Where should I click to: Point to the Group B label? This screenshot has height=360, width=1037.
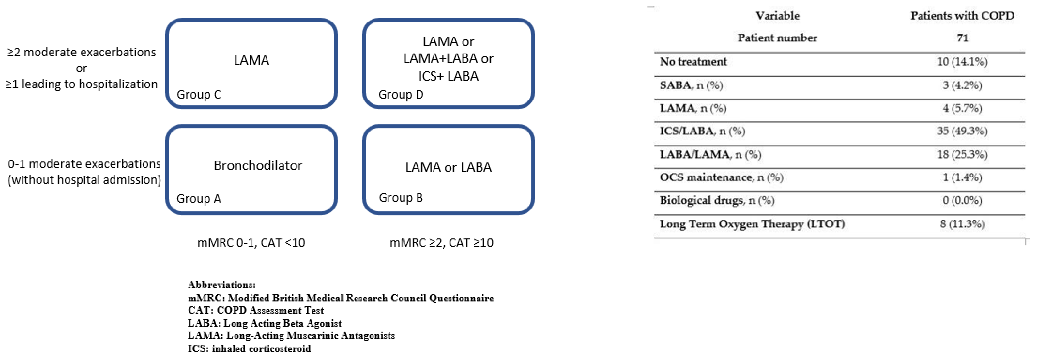pyautogui.click(x=401, y=198)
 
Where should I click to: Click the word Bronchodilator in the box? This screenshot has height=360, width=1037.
pyautogui.click(x=258, y=165)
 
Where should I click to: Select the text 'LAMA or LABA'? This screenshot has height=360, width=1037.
pyautogui.click(x=448, y=167)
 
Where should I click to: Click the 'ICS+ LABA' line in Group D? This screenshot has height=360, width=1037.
pyautogui.click(x=448, y=76)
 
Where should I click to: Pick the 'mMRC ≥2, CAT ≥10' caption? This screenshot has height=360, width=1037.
pyautogui.click(x=441, y=243)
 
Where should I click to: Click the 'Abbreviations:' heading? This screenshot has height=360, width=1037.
pyautogui.click(x=221, y=285)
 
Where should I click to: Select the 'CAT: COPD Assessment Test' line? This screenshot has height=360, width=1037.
pyautogui.click(x=256, y=310)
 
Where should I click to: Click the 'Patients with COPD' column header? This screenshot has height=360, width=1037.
pyautogui.click(x=962, y=16)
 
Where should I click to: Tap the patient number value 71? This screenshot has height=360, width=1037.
pyautogui.click(x=962, y=38)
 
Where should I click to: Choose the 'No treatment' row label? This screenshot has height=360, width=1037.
pyautogui.click(x=693, y=62)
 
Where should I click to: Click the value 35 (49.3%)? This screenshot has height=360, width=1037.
pyautogui.click(x=962, y=131)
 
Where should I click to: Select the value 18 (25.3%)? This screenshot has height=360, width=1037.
pyautogui.click(x=962, y=154)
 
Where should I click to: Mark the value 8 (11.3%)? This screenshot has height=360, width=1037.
pyautogui.click(x=962, y=224)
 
